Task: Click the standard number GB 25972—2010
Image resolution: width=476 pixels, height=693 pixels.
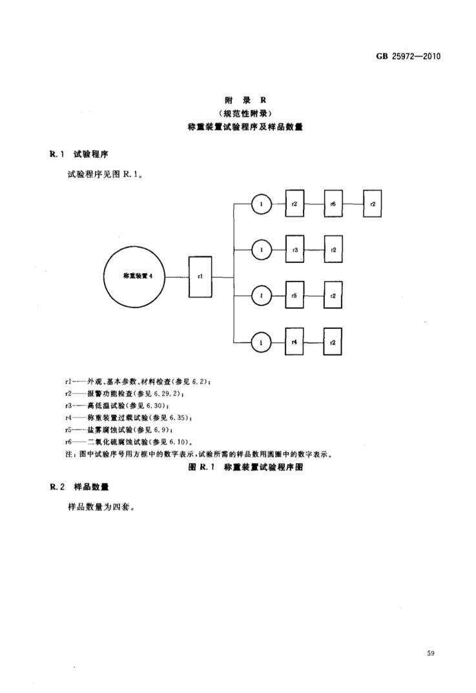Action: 408,56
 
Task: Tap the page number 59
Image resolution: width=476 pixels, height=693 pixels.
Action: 431,653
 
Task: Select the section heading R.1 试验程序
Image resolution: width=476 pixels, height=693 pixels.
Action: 79,154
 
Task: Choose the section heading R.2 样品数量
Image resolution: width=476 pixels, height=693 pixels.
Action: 79,486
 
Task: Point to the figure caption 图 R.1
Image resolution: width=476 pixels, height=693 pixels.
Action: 245,467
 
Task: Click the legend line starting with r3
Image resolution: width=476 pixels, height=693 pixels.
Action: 117,406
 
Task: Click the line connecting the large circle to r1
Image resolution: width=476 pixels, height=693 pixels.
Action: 177,277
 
